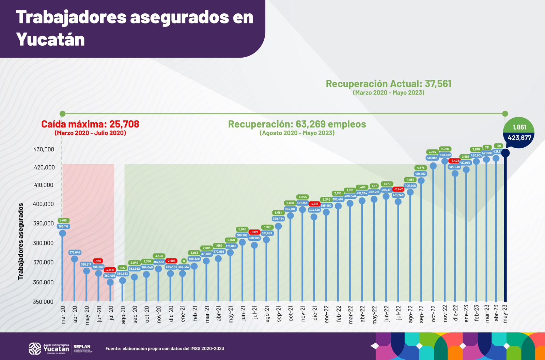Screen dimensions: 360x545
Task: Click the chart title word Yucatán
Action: [50, 40]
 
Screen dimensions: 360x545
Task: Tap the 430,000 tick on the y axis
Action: [44, 149]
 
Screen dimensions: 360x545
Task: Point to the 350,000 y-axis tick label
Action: [44, 302]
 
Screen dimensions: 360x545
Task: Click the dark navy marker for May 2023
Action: [505, 153]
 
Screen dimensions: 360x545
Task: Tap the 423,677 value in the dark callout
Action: [519, 138]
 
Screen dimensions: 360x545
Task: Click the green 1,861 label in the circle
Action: [519, 127]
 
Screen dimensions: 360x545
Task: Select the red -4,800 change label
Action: [110, 270]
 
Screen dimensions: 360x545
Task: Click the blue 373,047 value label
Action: [75, 253]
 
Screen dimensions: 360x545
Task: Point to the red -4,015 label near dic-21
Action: [314, 204]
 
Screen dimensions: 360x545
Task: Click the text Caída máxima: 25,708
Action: [90, 124]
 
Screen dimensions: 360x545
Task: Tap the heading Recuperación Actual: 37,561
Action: [388, 84]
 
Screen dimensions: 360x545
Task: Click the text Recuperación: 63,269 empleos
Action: [297, 124]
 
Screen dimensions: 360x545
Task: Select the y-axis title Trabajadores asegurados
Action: [21, 241]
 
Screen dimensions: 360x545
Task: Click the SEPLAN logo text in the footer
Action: [82, 347]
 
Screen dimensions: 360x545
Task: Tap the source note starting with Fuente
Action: [165, 348]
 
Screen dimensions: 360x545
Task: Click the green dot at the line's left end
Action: [62, 114]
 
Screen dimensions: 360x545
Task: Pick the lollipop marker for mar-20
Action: [62, 233]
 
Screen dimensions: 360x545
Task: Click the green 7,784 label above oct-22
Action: [432, 152]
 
